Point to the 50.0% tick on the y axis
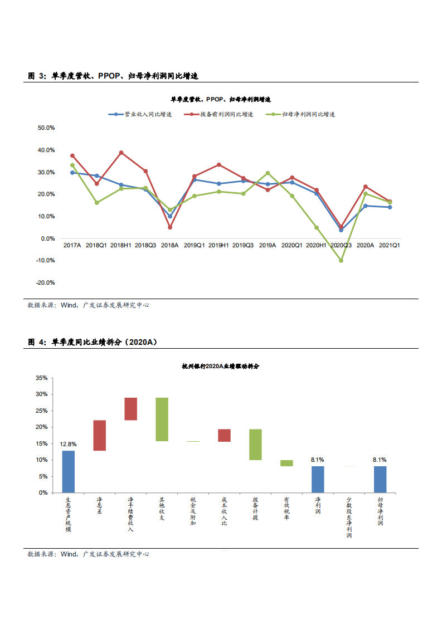pyautogui.click(x=46, y=128)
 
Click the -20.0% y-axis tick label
pyautogui.click(x=45, y=282)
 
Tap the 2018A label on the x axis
pyautogui.click(x=169, y=245)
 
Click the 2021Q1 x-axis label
pyautogui.click(x=390, y=245)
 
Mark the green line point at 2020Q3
pyautogui.click(x=341, y=261)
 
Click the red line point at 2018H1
pyautogui.click(x=121, y=153)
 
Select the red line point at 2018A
pyautogui.click(x=170, y=227)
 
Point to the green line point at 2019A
pyautogui.click(x=268, y=173)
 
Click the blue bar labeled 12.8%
pyautogui.click(x=68, y=471)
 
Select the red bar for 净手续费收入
pyautogui.click(x=130, y=409)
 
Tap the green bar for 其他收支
pyautogui.click(x=162, y=419)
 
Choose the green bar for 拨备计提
pyautogui.click(x=255, y=445)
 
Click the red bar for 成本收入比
pyautogui.click(x=224, y=435)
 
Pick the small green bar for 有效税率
pyautogui.click(x=286, y=463)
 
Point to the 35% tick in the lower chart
pyautogui.click(x=42, y=378)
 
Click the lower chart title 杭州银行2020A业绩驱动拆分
pyautogui.click(x=220, y=367)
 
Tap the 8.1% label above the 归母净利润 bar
pyautogui.click(x=380, y=460)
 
